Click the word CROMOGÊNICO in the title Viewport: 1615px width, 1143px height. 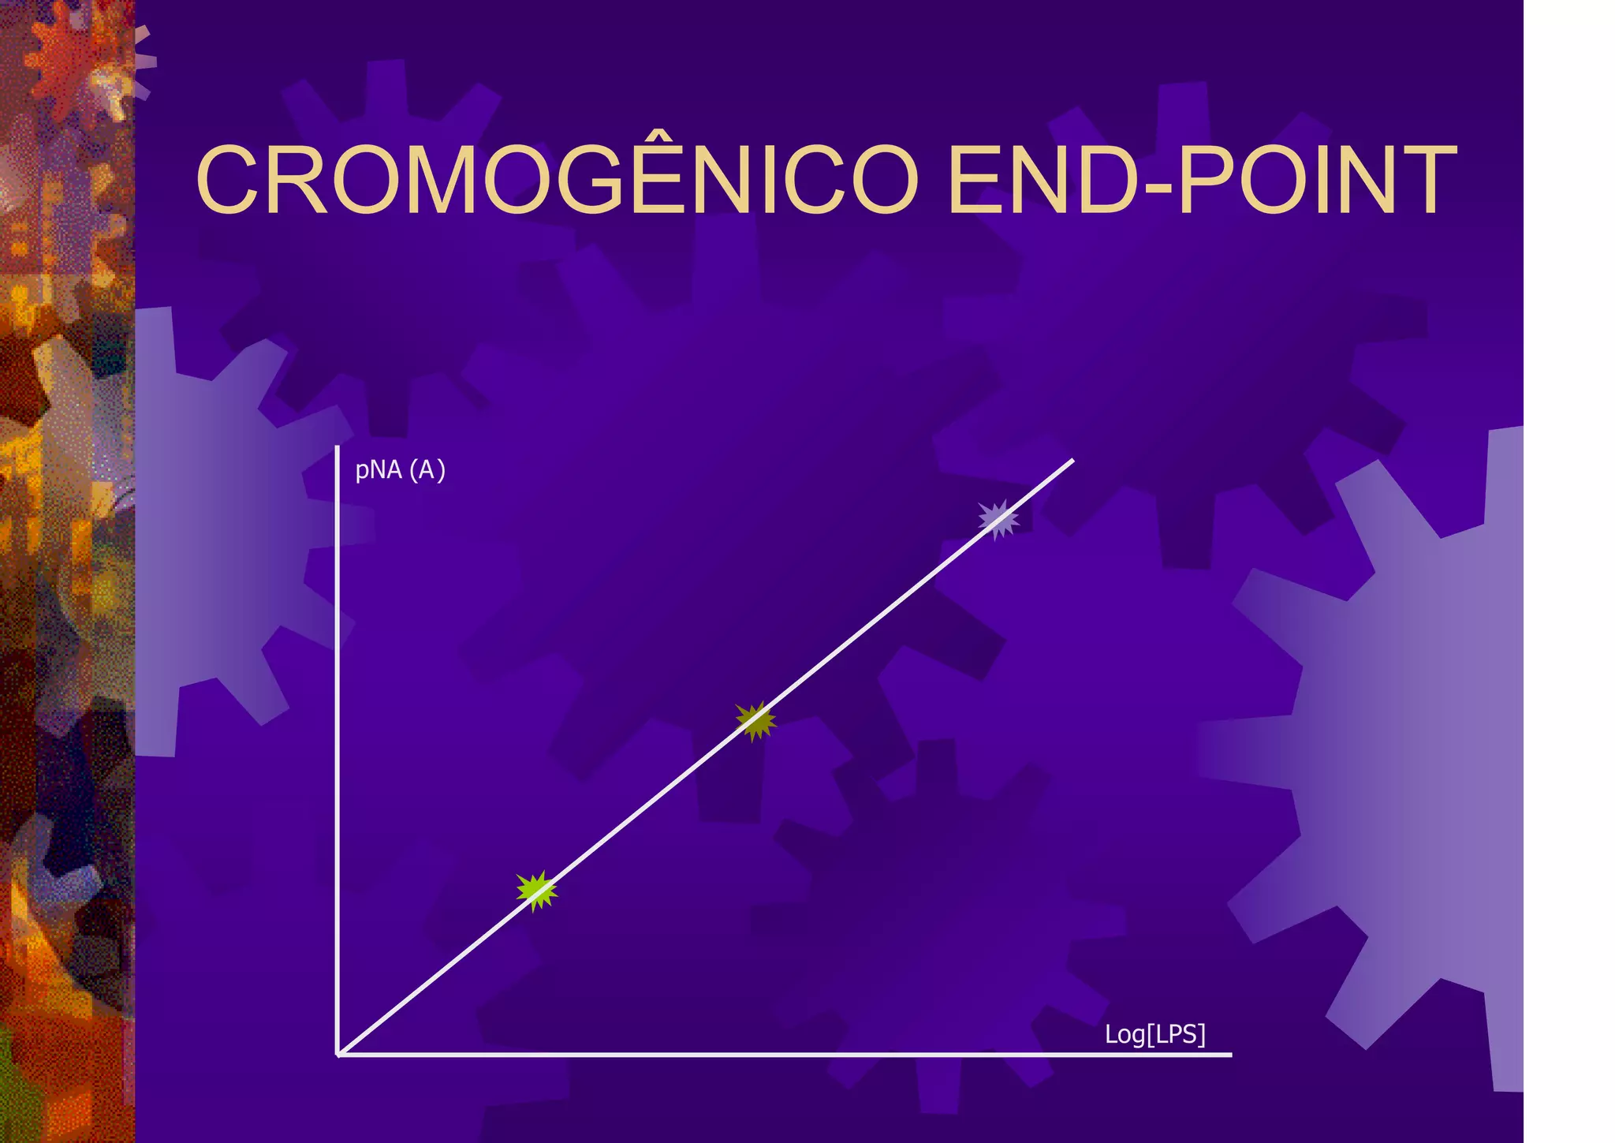click(x=557, y=180)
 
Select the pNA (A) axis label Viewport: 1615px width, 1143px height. click(x=400, y=470)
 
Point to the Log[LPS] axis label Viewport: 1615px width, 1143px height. click(x=1154, y=1034)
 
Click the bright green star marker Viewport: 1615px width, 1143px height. click(x=536, y=891)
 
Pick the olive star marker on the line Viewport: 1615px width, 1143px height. click(x=755, y=720)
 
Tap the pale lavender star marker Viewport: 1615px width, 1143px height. click(x=998, y=519)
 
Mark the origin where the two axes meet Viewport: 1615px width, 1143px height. click(x=338, y=1053)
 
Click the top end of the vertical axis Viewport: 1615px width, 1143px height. click(x=338, y=448)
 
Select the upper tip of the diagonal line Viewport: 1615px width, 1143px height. click(x=1072, y=460)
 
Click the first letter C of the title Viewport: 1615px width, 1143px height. click(x=232, y=180)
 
